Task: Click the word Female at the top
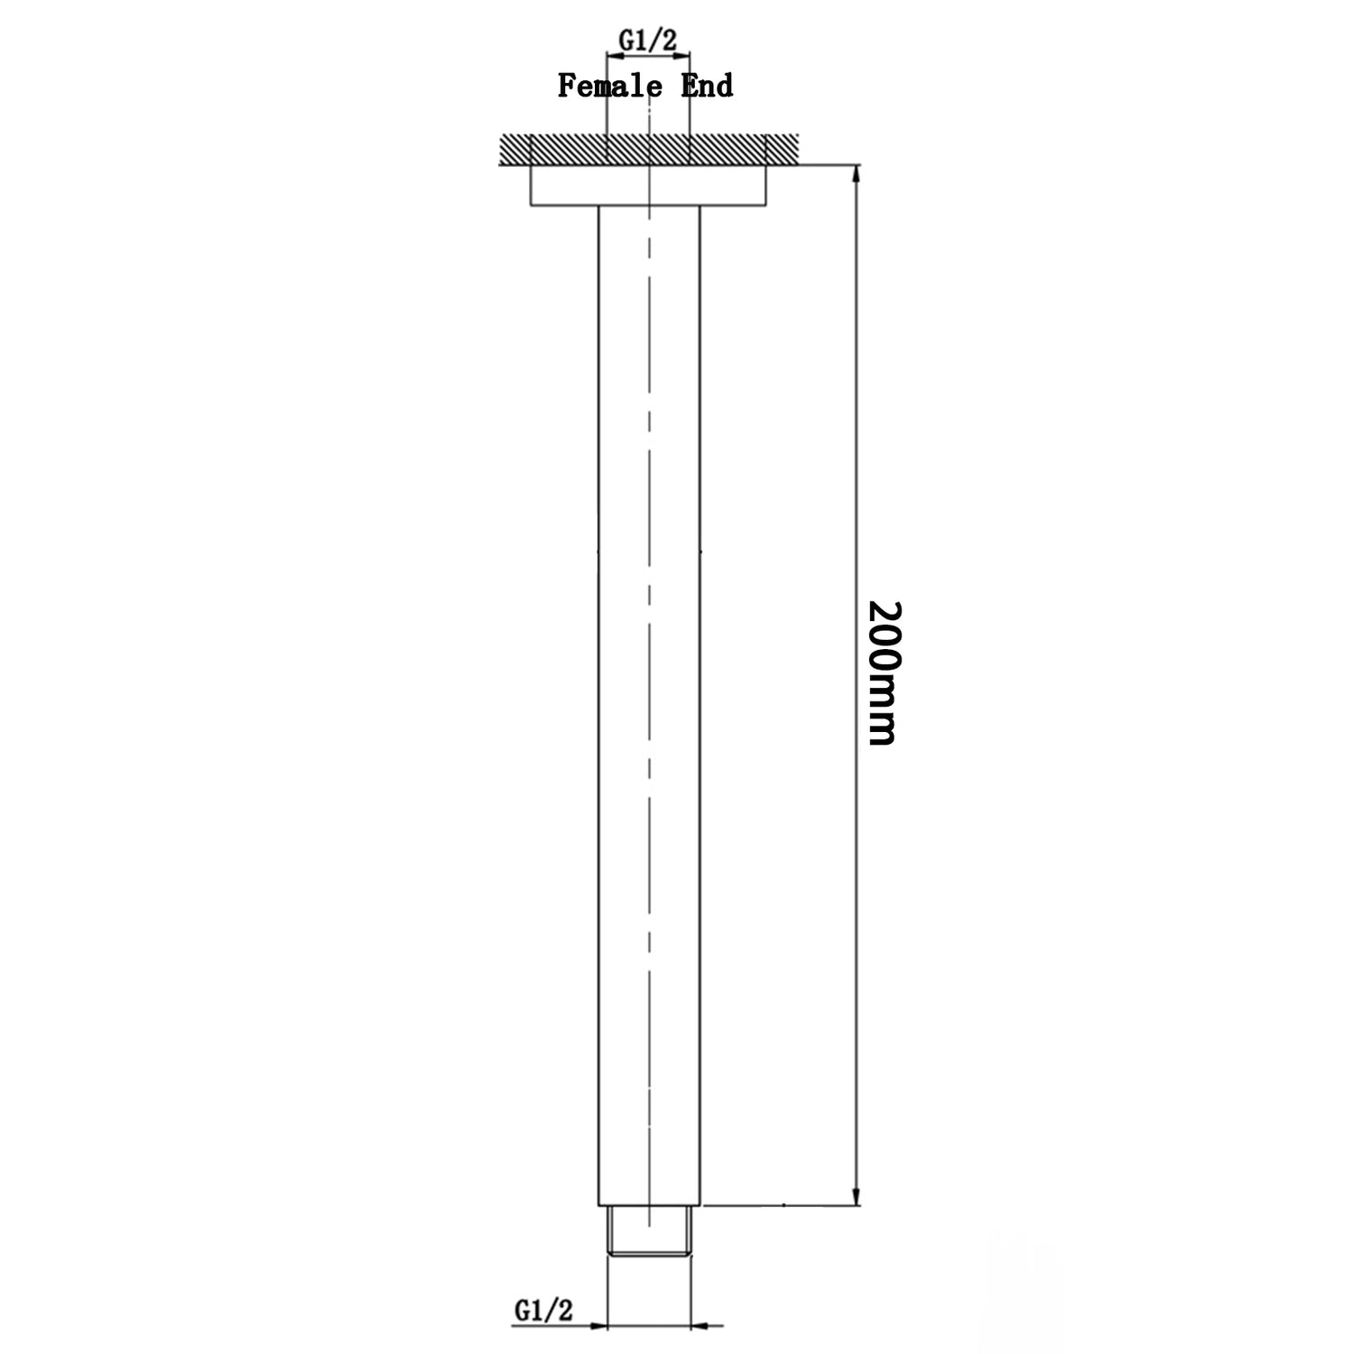[x=603, y=86]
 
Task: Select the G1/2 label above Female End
[x=647, y=39]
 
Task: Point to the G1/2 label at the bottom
[x=543, y=1309]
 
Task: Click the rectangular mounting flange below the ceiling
[x=647, y=186]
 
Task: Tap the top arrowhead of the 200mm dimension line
[x=856, y=174]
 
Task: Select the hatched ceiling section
[x=647, y=149]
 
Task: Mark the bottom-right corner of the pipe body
[x=700, y=1204]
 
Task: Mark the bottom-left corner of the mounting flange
[x=530, y=206]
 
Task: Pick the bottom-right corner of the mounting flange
[x=765, y=206]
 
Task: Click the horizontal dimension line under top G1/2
[x=647, y=57]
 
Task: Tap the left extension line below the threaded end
[x=607, y=1291]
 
